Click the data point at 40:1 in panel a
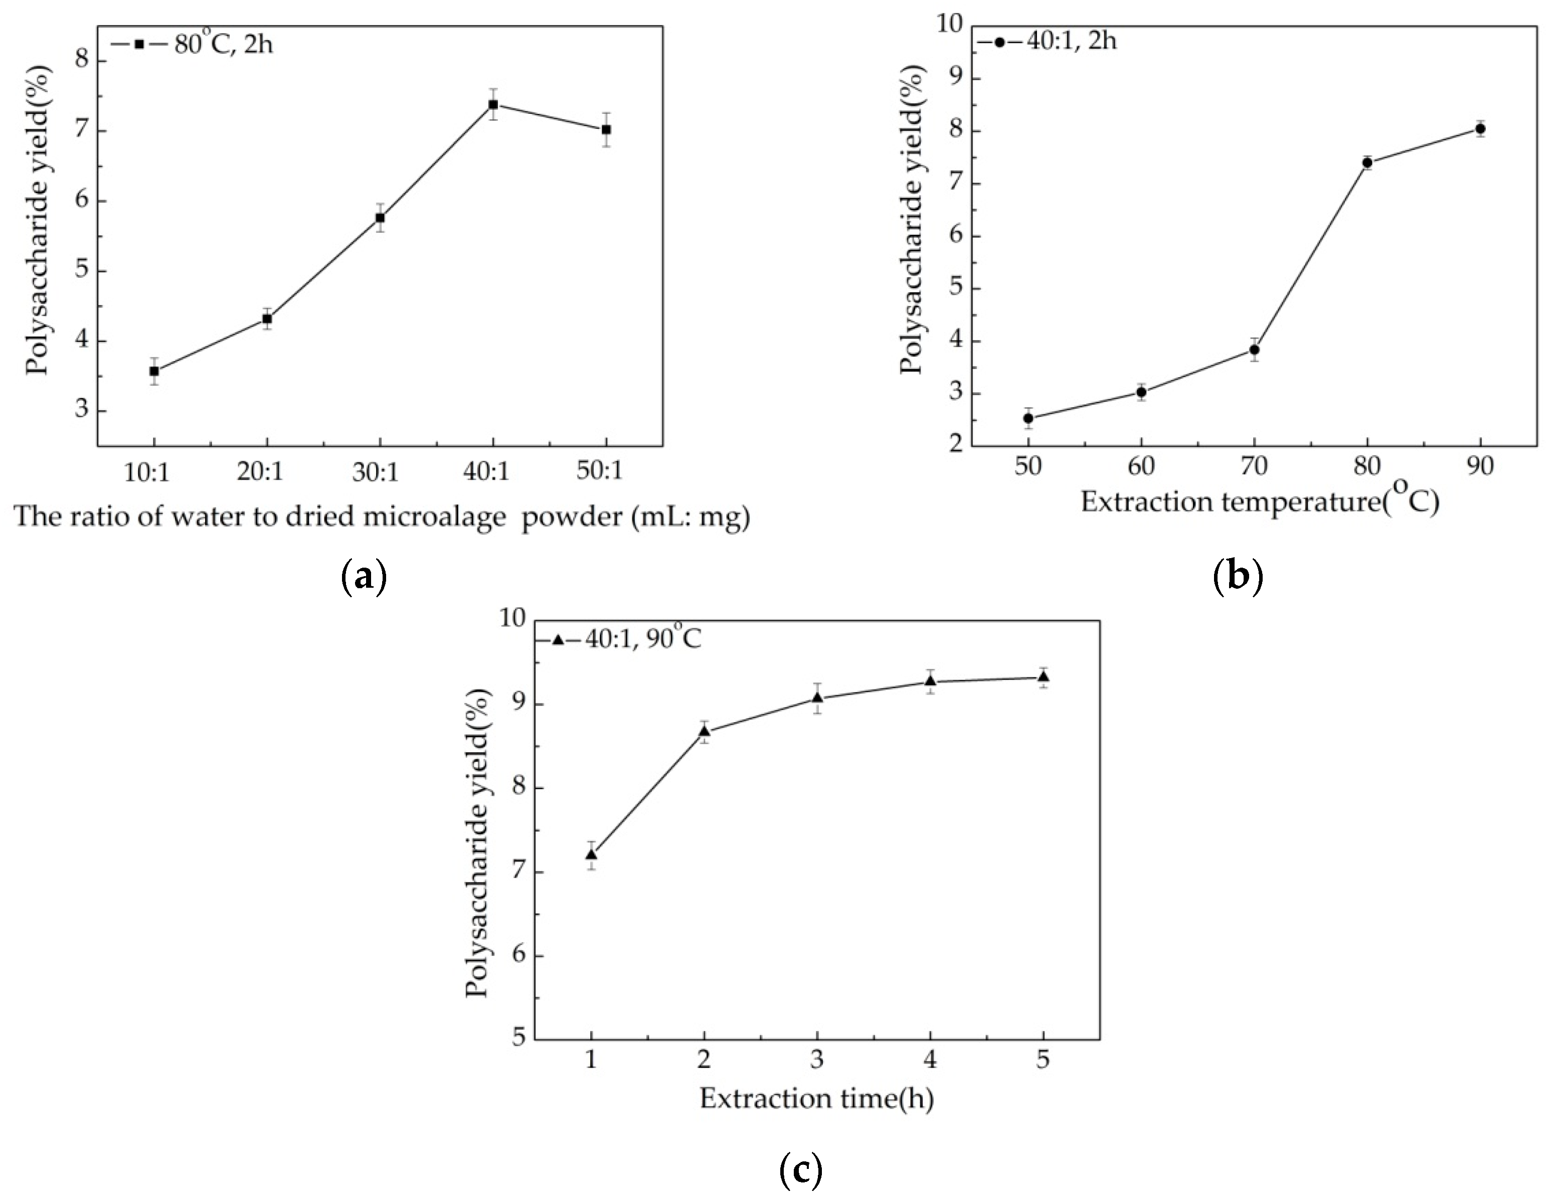(492, 105)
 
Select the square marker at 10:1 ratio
(153, 371)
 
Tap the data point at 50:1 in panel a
(606, 129)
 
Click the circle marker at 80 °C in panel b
(1367, 162)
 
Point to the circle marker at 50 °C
(1027, 418)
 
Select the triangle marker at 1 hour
(591, 854)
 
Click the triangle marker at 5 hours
(1043, 677)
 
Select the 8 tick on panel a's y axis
(83, 61)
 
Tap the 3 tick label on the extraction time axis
(817, 1061)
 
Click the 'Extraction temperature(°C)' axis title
(1260, 502)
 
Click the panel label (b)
(1238, 576)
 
